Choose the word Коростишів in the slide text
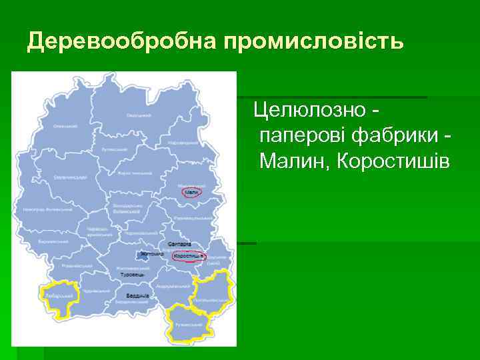tap(394, 161)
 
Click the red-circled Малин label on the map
tap(191, 192)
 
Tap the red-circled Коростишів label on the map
tap(189, 256)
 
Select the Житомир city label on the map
tap(153, 254)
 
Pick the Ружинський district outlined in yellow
tap(189, 325)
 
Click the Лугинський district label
tap(114, 149)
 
